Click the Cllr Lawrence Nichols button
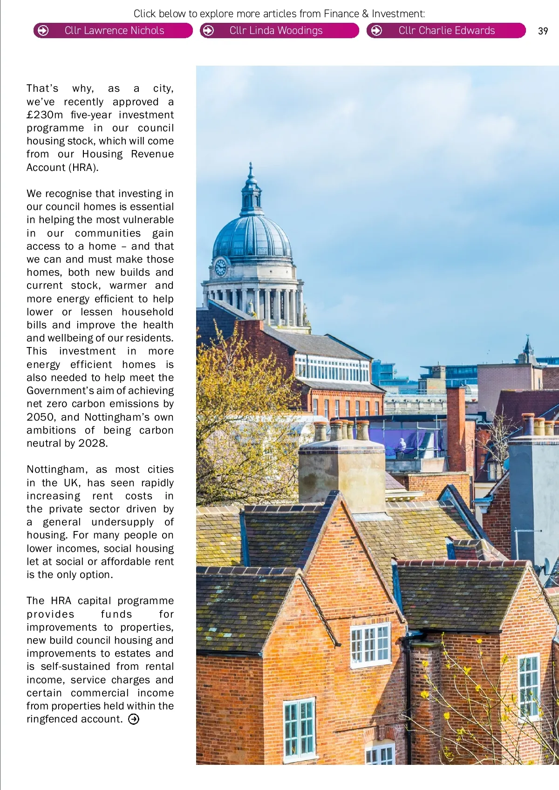pyautogui.click(x=113, y=31)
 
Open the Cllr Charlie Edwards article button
pyautogui.click(x=446, y=31)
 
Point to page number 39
pyautogui.click(x=543, y=31)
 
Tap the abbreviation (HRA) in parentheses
pyautogui.click(x=83, y=168)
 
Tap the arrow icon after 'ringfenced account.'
pyautogui.click(x=134, y=719)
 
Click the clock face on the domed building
pyautogui.click(x=220, y=267)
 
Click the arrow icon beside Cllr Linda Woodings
pyautogui.click(x=209, y=31)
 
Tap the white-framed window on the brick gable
pyautogui.click(x=370, y=645)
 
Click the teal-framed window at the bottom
pyautogui.click(x=299, y=729)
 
